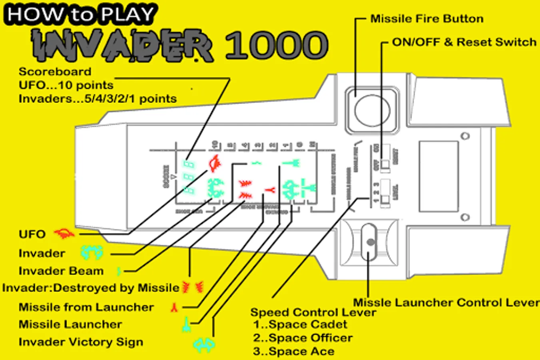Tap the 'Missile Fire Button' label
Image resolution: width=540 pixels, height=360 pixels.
coord(426,19)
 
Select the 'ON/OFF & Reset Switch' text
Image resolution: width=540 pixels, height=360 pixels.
coord(464,42)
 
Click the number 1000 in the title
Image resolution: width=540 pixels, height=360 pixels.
coord(276,45)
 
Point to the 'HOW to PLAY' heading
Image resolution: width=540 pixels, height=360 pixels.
coord(80,15)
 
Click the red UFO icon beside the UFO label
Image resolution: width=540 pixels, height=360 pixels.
coord(64,234)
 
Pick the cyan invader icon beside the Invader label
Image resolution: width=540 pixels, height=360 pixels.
coord(92,252)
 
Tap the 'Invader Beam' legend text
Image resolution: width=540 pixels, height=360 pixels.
coord(61,271)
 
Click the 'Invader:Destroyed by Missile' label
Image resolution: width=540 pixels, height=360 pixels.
coord(90,288)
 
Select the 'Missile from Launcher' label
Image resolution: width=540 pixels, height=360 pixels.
coord(86,307)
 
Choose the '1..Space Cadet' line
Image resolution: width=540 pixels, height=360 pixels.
coord(300,324)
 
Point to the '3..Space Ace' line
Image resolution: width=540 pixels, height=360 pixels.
coord(293,352)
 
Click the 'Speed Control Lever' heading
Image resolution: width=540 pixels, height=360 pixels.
coord(313,312)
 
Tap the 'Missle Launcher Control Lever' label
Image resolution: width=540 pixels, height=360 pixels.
coord(446,302)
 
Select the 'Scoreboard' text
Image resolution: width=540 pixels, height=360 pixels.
coord(55,72)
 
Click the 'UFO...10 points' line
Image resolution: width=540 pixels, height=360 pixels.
coord(66,85)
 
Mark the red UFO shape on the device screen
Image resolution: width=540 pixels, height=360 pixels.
coord(215,162)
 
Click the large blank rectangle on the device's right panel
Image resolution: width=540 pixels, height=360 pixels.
coord(438,176)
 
